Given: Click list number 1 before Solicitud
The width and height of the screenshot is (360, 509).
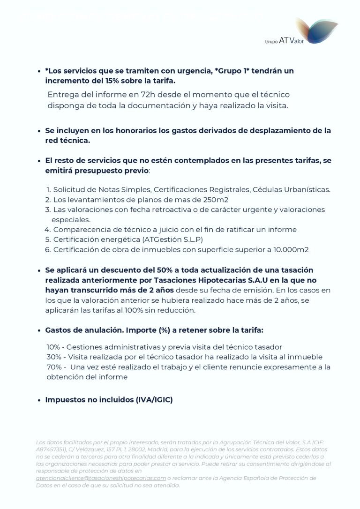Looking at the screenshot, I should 48,190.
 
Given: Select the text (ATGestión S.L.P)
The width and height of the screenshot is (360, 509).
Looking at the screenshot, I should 169,240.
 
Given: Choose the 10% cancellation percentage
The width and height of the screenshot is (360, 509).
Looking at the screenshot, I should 53,347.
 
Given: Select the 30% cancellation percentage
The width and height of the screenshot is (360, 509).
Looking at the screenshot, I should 53,357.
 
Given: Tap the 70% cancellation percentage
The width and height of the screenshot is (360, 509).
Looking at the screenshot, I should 53,367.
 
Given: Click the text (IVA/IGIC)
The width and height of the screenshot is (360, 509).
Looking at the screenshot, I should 154,400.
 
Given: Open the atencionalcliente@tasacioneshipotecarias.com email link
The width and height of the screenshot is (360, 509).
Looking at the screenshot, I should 101,478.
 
